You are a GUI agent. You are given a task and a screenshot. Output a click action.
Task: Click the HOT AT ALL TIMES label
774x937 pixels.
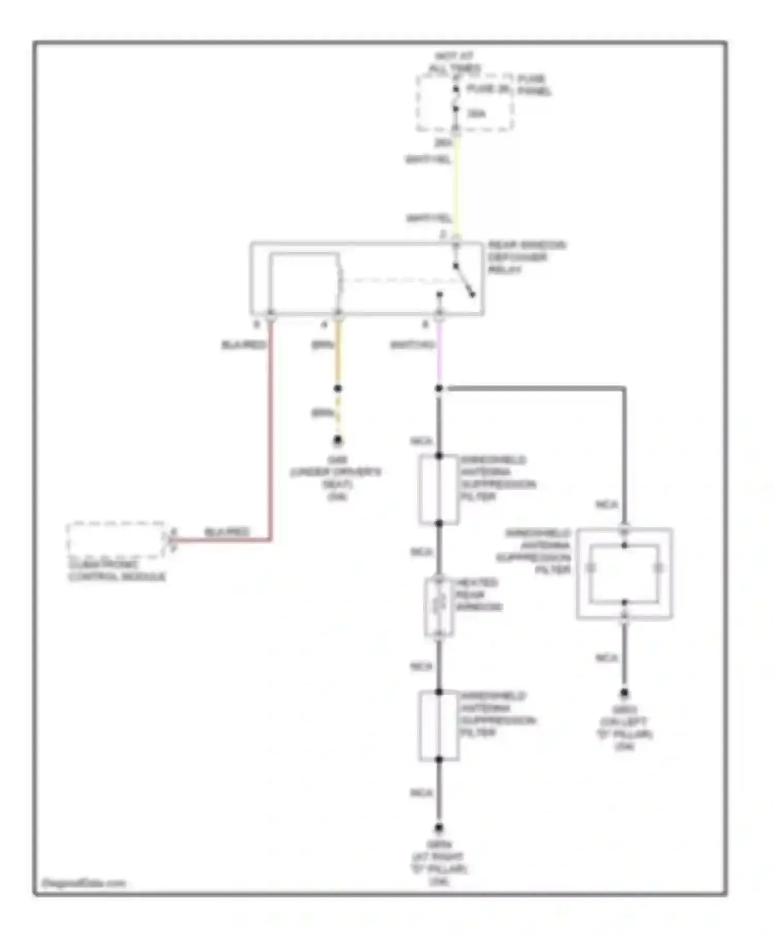point(455,62)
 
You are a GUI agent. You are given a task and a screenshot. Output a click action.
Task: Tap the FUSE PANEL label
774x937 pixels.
point(535,85)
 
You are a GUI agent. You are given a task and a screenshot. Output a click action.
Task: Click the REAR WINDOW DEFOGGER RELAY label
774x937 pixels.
point(526,257)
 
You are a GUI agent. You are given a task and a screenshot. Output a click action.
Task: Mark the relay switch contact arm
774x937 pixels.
point(464,282)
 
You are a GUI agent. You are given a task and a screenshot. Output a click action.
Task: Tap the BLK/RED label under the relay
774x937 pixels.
point(243,345)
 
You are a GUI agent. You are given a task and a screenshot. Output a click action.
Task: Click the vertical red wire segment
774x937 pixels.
point(270,439)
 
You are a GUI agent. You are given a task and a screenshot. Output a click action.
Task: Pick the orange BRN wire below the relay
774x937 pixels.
point(338,356)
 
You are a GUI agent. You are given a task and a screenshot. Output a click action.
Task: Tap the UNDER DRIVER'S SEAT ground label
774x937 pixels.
point(336,478)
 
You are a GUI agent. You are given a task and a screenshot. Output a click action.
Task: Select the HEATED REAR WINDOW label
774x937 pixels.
point(478,595)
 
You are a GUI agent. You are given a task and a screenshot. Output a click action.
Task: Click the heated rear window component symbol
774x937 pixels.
point(439,607)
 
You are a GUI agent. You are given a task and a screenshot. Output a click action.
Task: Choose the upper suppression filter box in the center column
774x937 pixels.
point(439,490)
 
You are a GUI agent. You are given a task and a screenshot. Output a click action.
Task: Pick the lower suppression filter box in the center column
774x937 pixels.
point(439,726)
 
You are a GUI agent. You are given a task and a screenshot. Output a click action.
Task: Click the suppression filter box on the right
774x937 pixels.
point(624,573)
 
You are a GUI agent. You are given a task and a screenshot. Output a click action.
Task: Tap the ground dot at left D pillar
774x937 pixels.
point(624,693)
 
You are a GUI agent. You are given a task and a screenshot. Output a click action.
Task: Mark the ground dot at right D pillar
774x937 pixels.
point(439,827)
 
